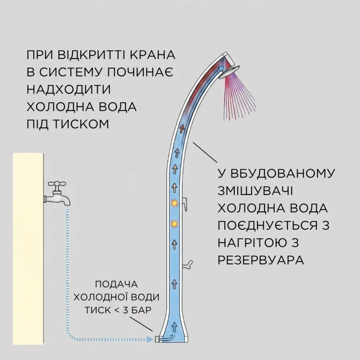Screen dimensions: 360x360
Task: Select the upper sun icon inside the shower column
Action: pos(174,203)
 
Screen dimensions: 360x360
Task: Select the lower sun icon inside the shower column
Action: pos(174,224)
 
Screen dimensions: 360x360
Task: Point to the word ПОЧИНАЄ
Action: pos(140,72)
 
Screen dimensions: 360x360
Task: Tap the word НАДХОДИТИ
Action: pos(69,90)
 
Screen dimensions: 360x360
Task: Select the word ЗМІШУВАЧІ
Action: pos(255,191)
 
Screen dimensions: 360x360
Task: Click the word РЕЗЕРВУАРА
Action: pos(261,260)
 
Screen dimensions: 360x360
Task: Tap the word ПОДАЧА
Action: pos(116,284)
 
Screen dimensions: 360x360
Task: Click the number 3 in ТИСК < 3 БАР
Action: pos(125,310)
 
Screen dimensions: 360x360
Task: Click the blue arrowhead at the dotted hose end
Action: pos(150,339)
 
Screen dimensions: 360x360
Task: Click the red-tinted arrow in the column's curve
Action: pos(182,129)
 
